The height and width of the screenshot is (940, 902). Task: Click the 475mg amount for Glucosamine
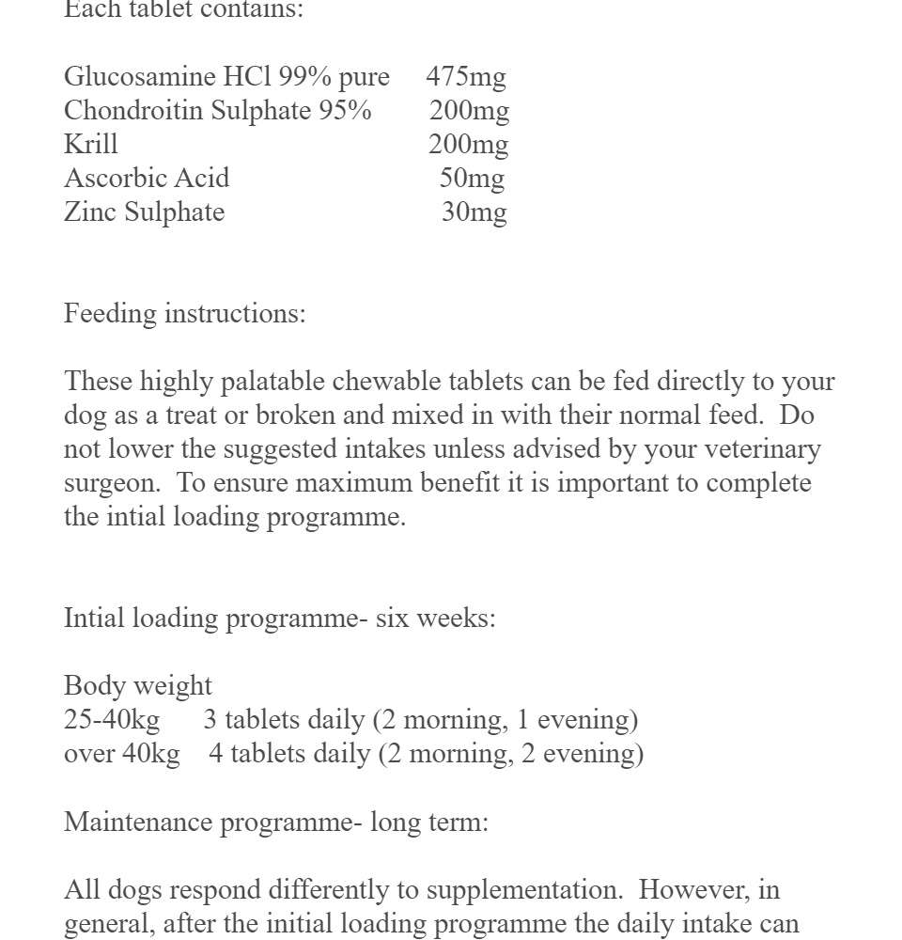tap(466, 77)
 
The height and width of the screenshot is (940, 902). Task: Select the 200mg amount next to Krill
tap(468, 145)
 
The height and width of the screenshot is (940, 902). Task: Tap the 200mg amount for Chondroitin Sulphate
tap(469, 111)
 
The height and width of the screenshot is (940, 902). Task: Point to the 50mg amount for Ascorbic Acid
tap(472, 179)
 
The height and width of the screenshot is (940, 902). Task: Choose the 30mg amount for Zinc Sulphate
tap(474, 212)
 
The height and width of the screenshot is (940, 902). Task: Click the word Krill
tap(91, 145)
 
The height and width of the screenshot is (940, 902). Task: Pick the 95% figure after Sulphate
tap(345, 111)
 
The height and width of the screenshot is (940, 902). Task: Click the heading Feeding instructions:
tap(185, 314)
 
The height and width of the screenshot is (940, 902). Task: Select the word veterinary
tap(759, 449)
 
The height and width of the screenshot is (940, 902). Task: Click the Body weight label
tap(138, 686)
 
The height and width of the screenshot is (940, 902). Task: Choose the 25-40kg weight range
tap(112, 720)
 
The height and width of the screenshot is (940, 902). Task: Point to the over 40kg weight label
tap(122, 754)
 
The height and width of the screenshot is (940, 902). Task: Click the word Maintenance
tap(138, 822)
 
